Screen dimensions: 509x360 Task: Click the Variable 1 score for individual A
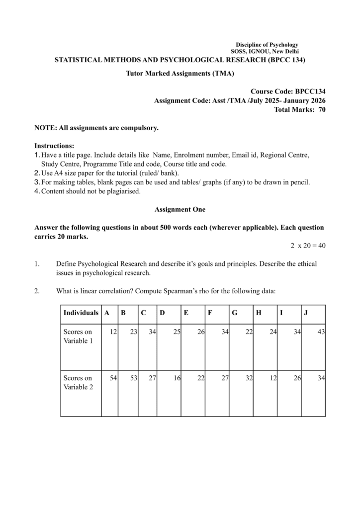[113, 332]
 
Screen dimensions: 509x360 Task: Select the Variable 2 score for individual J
[321, 378]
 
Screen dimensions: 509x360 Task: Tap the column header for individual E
[186, 313]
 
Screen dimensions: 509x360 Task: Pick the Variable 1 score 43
[321, 332]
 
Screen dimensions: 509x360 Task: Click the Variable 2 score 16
[177, 378]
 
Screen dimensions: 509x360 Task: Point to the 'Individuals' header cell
[81, 313]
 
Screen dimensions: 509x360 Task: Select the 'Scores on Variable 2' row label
[78, 383]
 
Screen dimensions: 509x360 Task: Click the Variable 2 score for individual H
[273, 378]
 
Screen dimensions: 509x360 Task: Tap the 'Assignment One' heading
[180, 209]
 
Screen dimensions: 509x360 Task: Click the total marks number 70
[322, 109]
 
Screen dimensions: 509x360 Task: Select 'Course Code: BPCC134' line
[288, 91]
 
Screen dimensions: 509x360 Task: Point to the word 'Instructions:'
[54, 146]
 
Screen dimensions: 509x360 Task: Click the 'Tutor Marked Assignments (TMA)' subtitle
[180, 74]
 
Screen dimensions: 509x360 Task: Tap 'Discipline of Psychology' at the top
[267, 45]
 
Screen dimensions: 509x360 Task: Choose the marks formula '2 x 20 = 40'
[308, 246]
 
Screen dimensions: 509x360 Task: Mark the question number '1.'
[37, 263]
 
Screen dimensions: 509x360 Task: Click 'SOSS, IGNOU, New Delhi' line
[265, 52]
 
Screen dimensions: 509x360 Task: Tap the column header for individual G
[234, 313]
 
